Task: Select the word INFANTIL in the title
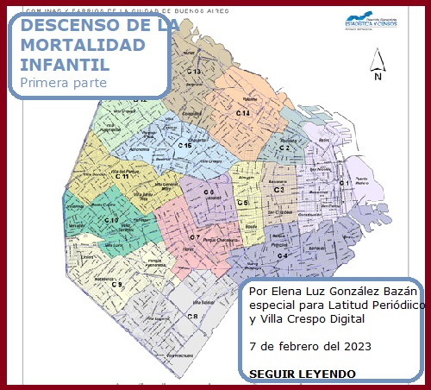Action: [x=64, y=64]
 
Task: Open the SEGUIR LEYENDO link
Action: [x=302, y=374]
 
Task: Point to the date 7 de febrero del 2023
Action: [x=309, y=347]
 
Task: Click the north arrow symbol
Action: [x=377, y=65]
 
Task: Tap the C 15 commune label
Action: [x=185, y=146]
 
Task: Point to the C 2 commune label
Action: [x=284, y=148]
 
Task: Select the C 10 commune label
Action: [x=111, y=221]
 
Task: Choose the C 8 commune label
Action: [x=193, y=317]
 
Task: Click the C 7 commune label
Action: [x=196, y=237]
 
